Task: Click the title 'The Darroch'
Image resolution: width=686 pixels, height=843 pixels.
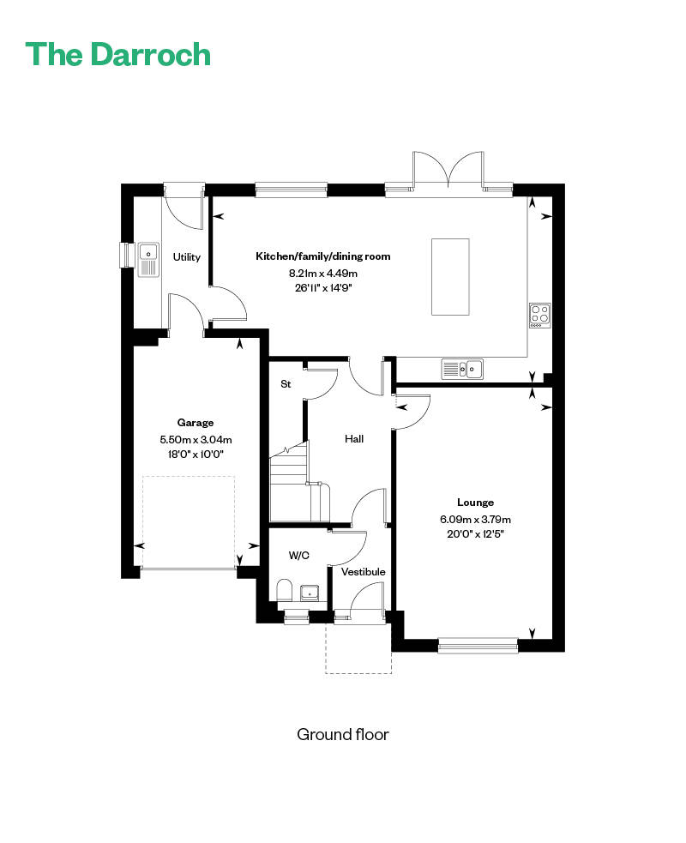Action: coord(117,54)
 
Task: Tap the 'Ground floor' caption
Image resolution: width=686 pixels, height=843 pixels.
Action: coord(342,734)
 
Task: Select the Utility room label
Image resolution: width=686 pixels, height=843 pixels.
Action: coord(187,257)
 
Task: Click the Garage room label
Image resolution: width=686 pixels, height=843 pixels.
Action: coord(196,423)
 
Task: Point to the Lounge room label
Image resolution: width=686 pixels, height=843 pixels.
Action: coord(475,503)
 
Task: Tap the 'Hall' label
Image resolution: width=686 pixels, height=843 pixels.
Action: coord(354,439)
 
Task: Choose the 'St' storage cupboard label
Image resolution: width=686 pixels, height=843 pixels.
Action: coord(286,384)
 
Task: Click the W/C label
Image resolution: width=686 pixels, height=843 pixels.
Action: coord(299,556)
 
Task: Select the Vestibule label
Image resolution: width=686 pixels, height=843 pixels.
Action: coord(364,571)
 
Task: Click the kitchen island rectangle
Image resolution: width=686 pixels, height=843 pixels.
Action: coord(450,277)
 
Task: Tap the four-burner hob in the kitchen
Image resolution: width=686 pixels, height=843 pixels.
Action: coord(539,316)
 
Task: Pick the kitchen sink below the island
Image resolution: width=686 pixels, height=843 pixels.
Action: coord(462,369)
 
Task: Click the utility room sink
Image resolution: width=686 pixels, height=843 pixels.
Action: coord(148,260)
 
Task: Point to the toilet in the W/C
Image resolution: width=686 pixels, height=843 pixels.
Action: coord(284,590)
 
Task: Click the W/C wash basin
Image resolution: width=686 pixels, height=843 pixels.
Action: coord(310,593)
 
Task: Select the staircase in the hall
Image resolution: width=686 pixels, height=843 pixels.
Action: coord(298,481)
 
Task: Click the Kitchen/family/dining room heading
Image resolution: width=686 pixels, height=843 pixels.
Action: coord(323,256)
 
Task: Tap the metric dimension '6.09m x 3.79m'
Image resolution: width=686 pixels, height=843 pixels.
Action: coord(475,520)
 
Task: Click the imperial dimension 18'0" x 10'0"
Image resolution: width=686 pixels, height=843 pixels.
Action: coord(196,455)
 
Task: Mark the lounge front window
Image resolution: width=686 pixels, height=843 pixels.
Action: coord(478,645)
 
